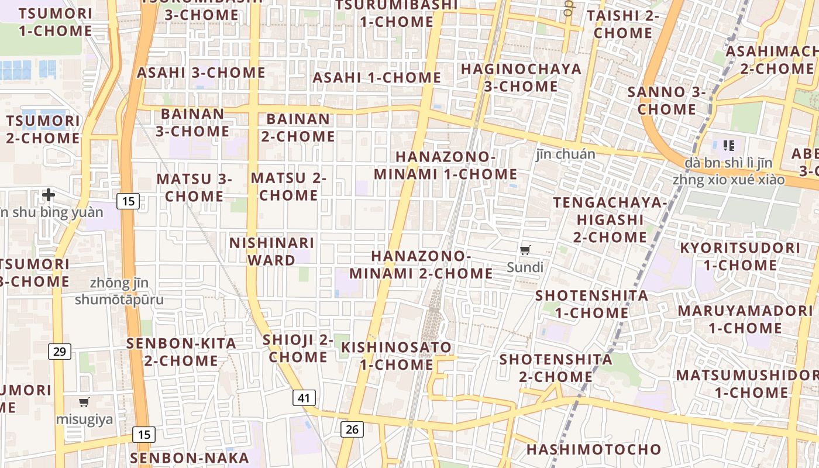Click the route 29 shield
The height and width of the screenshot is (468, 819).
60,352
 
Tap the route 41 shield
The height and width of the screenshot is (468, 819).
304,398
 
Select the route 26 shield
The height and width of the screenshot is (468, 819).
352,429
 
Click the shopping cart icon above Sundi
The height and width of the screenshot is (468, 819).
525,250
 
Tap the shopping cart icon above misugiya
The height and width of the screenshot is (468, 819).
84,402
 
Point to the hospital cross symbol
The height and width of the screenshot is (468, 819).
49,194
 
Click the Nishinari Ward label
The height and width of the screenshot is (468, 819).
271,251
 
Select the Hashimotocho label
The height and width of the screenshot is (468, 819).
594,449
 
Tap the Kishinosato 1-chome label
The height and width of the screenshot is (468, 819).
397,356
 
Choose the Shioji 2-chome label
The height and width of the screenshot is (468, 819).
298,348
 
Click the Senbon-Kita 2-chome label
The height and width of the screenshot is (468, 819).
181,352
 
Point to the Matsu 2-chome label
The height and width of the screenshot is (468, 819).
288,187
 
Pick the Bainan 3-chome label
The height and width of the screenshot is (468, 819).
192,122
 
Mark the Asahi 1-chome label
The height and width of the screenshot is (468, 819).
377,77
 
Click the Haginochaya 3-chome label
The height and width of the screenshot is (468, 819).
521,77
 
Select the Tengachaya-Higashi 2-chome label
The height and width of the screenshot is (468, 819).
610,219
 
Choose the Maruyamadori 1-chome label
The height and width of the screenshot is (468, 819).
745,319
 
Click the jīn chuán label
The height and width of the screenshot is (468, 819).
565,154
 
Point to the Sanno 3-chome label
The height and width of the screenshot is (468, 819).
667,101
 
